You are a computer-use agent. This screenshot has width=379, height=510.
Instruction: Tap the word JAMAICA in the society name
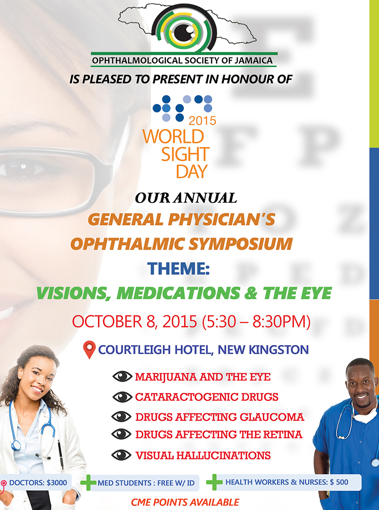[x=254, y=60]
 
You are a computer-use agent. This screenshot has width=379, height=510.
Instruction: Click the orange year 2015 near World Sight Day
[x=202, y=121]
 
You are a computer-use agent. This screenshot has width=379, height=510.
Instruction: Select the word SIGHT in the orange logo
[x=185, y=154]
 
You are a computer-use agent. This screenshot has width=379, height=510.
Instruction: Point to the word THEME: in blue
[x=179, y=268]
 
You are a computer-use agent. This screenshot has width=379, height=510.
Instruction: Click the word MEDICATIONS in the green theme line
[x=179, y=293]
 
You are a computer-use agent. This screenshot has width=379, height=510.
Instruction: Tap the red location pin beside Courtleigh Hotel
[x=89, y=350]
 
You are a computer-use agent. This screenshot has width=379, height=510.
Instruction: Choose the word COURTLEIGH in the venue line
[x=135, y=350]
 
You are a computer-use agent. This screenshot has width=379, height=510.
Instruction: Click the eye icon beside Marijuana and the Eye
[x=122, y=377]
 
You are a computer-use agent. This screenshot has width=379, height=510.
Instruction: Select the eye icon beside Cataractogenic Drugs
[x=122, y=397]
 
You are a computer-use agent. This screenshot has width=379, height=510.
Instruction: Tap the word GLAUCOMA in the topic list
[x=272, y=417]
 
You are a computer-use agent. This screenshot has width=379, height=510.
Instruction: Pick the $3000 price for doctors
[x=57, y=482]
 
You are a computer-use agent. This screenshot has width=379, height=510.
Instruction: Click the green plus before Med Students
[x=88, y=482]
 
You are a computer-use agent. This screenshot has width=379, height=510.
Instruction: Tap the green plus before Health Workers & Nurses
[x=214, y=482]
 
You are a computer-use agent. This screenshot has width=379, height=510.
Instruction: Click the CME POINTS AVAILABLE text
[x=185, y=502]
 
